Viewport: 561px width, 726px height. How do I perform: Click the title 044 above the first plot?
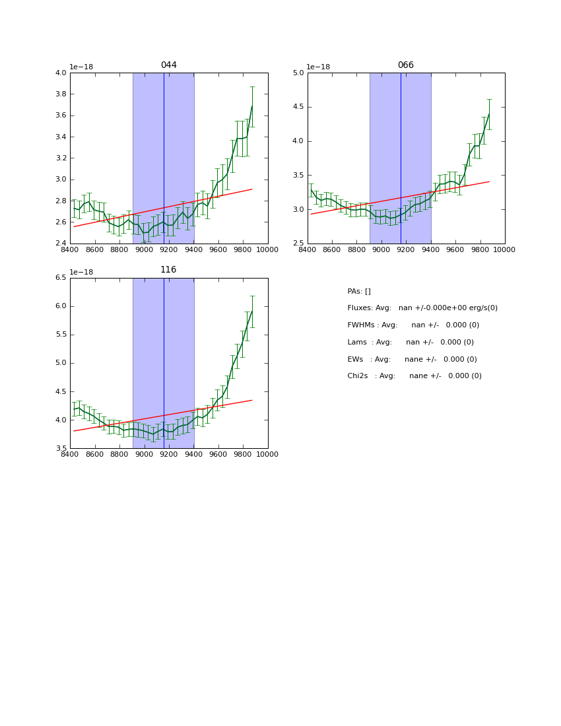click(169, 65)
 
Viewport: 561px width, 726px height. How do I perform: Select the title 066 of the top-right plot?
click(405, 65)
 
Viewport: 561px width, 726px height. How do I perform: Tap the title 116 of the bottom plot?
click(168, 270)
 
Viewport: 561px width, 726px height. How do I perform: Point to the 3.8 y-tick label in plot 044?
click(60, 94)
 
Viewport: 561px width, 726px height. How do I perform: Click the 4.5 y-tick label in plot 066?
click(298, 107)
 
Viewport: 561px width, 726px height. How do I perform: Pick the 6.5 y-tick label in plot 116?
click(60, 278)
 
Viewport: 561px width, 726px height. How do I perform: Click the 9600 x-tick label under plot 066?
click(455, 250)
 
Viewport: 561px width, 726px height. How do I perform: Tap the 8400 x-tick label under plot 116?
click(70, 455)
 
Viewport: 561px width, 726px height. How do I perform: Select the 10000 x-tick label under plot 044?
click(267, 250)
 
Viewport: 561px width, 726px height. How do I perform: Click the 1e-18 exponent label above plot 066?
click(318, 67)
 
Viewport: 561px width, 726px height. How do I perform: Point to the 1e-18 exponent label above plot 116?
click(81, 272)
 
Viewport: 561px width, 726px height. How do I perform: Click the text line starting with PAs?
click(359, 292)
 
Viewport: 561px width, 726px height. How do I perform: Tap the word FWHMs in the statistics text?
click(360, 325)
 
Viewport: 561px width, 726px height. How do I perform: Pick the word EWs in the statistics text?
click(355, 360)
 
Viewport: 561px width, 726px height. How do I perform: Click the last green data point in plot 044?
click(251, 106)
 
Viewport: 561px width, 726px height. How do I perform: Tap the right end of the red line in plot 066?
click(489, 181)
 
